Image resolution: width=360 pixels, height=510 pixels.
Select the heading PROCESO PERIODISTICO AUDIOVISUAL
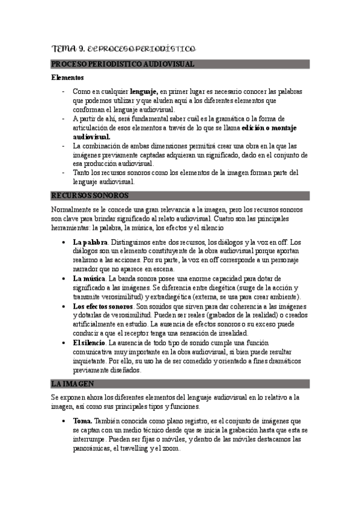coord(123,64)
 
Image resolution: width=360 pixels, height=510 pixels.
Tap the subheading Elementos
coord(67,78)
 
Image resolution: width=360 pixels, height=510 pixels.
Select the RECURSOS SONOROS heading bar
coord(90,195)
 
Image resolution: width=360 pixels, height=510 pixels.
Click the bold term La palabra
coord(90,242)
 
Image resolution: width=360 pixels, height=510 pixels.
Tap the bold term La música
coord(89,278)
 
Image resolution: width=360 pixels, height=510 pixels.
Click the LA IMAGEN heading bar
coord(73,384)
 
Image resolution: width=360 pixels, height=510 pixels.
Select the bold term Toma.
coord(83,421)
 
